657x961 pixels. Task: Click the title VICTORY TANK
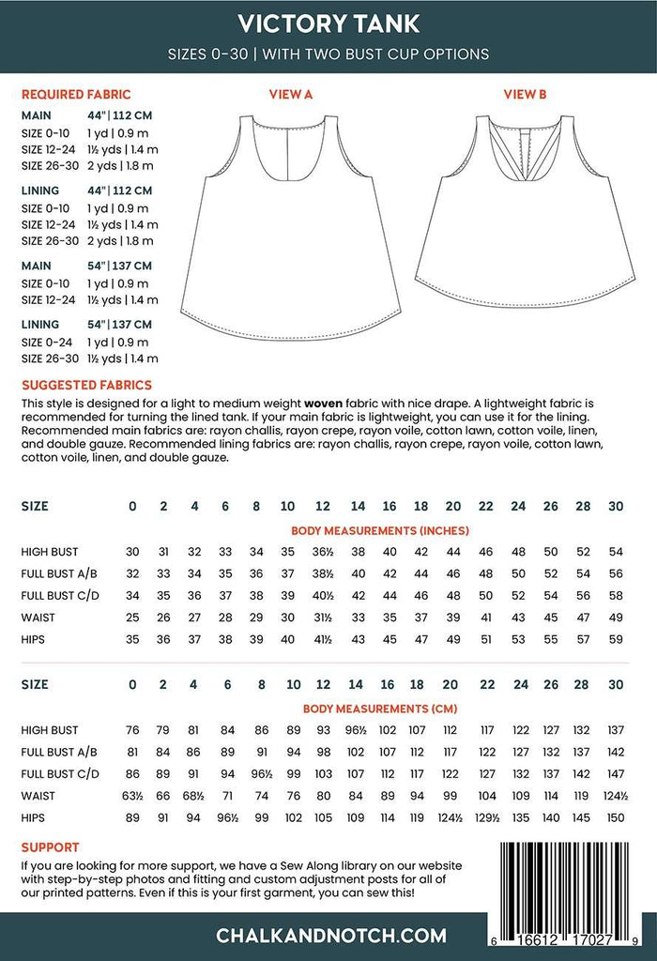(x=328, y=23)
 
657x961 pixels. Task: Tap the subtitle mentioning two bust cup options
(x=328, y=53)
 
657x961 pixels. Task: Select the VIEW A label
(x=290, y=95)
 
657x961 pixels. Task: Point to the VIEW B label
(x=525, y=95)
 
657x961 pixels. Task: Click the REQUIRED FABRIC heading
(x=75, y=95)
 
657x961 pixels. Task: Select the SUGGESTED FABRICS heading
(x=86, y=385)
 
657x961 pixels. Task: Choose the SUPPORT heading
(x=50, y=847)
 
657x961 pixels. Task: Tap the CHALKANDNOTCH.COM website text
(x=328, y=936)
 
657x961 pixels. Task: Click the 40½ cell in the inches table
(x=322, y=595)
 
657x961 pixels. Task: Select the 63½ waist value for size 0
(x=132, y=796)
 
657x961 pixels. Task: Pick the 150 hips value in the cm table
(x=616, y=817)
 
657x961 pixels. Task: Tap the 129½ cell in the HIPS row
(x=485, y=817)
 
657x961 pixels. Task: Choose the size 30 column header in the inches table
(x=616, y=506)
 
